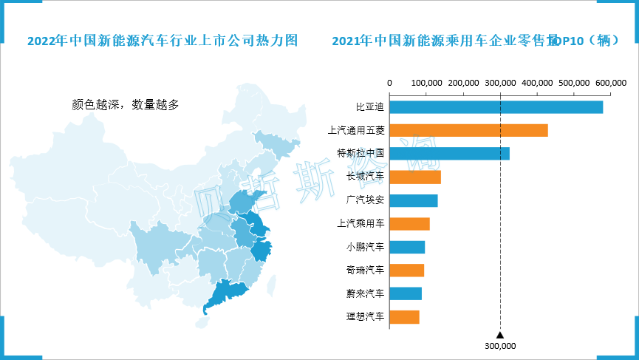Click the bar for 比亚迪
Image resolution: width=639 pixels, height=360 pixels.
point(496,107)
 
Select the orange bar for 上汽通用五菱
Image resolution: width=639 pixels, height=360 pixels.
point(468,130)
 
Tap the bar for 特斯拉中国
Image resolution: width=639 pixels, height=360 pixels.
point(449,154)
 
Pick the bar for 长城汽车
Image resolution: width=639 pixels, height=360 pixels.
point(414,177)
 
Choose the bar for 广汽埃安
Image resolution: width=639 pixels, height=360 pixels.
point(413,200)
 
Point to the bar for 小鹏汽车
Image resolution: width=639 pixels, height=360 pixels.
point(407,247)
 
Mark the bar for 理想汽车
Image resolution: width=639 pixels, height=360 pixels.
point(404,317)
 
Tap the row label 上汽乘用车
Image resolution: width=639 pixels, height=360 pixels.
point(360,224)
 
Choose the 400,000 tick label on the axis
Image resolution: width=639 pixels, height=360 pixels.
point(537,84)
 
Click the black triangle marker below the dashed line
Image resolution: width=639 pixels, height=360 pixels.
point(500,334)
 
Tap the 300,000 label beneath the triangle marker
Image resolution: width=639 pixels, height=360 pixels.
point(500,345)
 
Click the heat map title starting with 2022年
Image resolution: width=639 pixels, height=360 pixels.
point(163,41)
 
